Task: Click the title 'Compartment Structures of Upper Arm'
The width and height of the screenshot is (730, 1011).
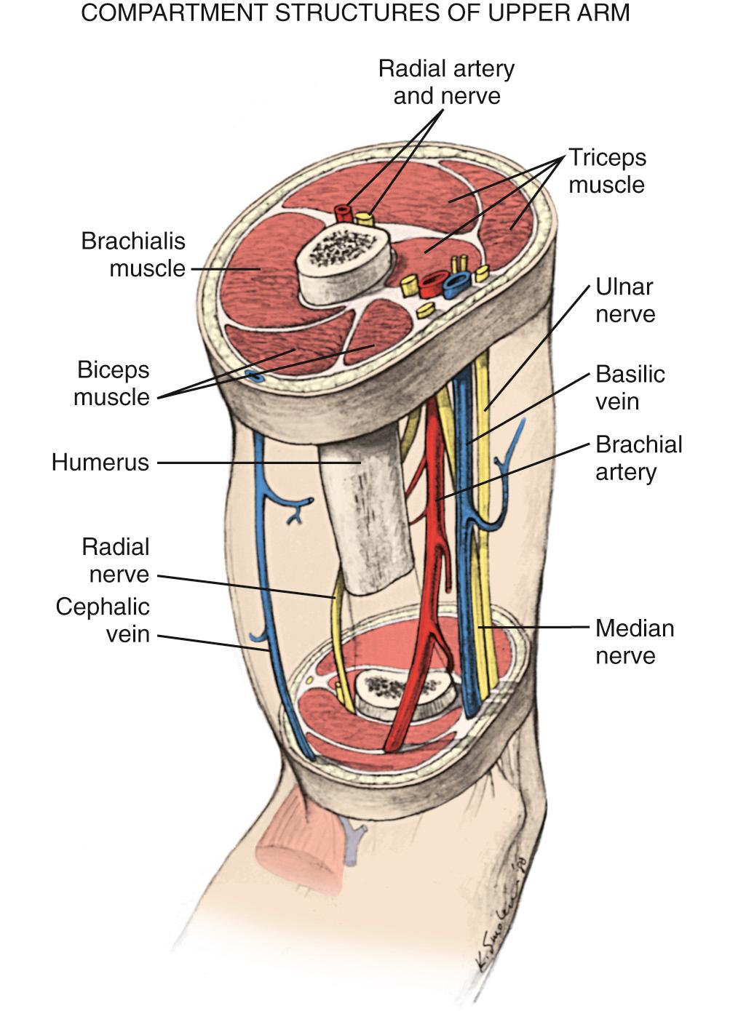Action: [355, 13]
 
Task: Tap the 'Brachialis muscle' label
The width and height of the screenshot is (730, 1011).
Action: [133, 255]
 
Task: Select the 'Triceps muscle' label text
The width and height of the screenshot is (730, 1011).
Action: [606, 171]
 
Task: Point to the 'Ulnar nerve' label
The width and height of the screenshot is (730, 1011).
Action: [624, 300]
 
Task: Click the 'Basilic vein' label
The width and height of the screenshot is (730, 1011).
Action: [630, 388]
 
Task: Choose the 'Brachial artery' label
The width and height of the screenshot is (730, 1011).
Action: [638, 458]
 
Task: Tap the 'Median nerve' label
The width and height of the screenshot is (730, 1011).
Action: [634, 642]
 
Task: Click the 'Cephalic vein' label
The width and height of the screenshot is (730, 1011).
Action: [103, 620]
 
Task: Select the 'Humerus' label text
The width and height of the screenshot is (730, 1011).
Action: [100, 463]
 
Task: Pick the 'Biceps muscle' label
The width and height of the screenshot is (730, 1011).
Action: [112, 383]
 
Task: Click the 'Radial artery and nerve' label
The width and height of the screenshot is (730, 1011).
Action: [446, 82]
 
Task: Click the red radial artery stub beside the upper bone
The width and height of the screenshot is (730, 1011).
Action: [343, 212]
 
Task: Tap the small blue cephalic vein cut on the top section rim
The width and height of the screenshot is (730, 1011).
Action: [253, 375]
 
